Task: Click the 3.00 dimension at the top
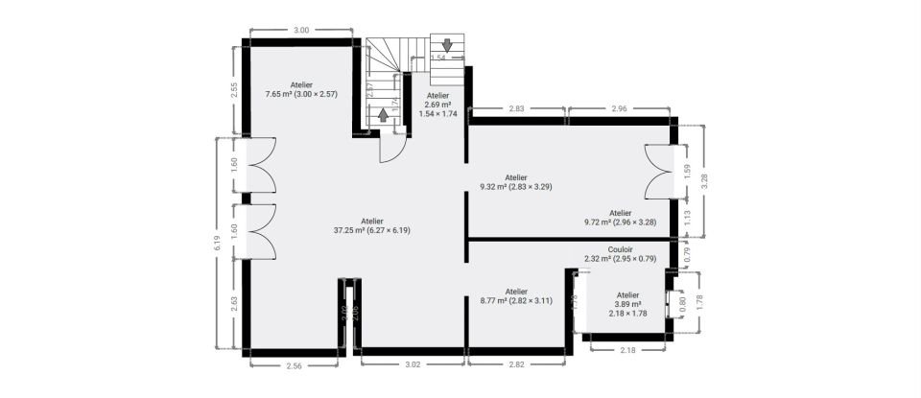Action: point(300,31)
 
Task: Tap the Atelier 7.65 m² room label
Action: point(302,90)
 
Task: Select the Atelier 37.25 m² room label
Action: point(371,225)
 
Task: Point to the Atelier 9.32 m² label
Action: point(516,182)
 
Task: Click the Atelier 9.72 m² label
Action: point(620,218)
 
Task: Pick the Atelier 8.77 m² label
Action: point(516,296)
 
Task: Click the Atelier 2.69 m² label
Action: point(437,105)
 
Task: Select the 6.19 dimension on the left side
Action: point(220,245)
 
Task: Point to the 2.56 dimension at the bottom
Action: point(295,365)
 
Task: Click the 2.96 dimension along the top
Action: point(618,109)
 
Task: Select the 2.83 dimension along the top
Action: point(516,109)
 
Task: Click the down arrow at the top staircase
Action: point(445,44)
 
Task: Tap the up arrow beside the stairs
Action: point(383,115)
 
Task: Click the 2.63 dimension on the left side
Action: point(235,304)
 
